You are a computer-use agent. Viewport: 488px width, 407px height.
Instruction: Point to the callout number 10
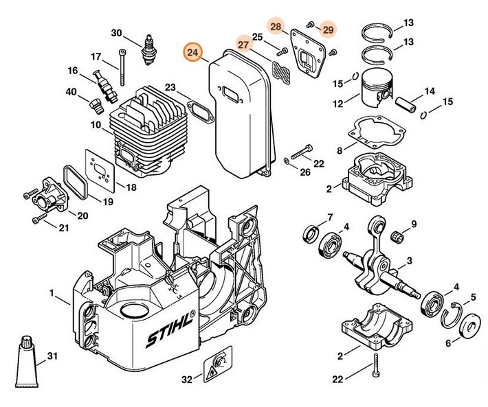coord(95,126)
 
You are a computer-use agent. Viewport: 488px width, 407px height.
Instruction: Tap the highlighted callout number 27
coord(243,43)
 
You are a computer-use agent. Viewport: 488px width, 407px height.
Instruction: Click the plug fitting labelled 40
coord(96,104)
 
